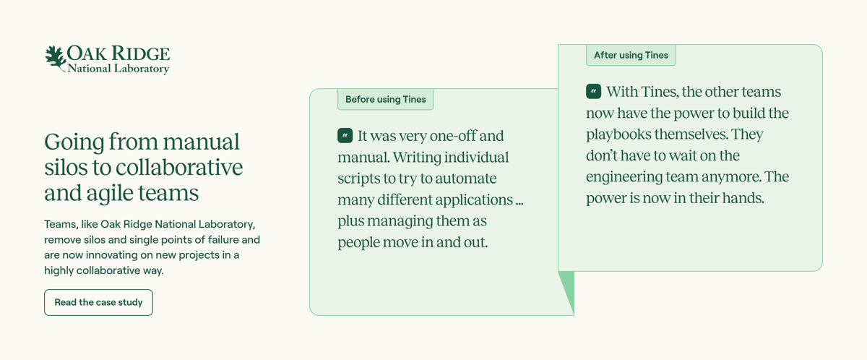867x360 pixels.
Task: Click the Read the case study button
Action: coord(98,302)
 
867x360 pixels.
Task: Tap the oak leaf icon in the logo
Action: coord(55,57)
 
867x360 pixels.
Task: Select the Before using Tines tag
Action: coord(385,99)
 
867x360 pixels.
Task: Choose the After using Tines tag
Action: coord(631,55)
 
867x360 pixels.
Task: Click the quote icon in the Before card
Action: coord(345,136)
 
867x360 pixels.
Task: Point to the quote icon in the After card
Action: coord(594,92)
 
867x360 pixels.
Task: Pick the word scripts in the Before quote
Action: coord(359,179)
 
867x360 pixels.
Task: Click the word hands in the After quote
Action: coord(742,198)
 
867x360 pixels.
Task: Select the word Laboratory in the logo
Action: coord(142,69)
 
